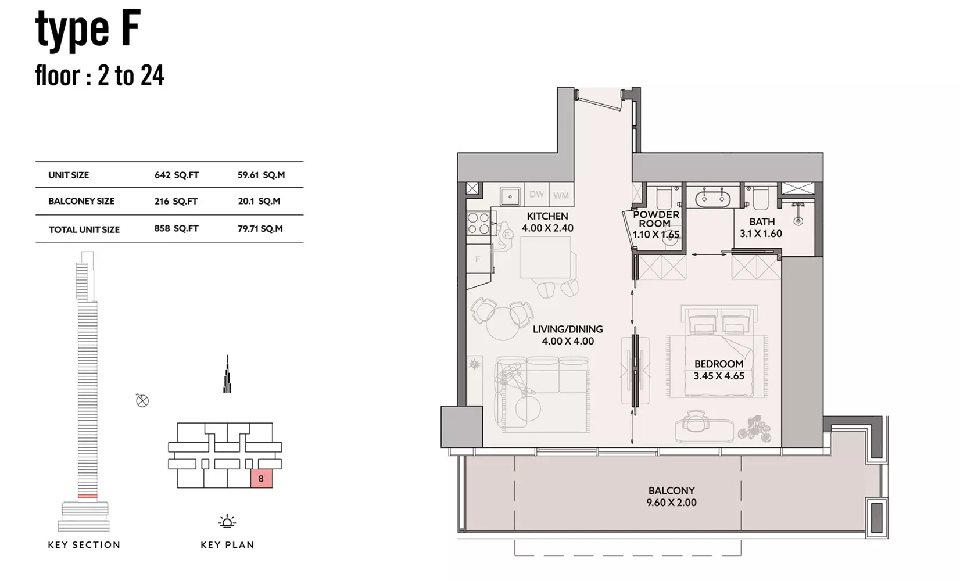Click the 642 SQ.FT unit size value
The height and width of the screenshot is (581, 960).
[177, 175]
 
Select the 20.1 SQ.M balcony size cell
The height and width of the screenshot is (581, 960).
[259, 201]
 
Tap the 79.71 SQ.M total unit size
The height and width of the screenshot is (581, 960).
[260, 229]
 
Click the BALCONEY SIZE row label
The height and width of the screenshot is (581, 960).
[81, 201]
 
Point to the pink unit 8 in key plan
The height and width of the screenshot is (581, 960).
[262, 479]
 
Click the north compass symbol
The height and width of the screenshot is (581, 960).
[142, 401]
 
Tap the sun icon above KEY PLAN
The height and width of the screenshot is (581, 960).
[227, 521]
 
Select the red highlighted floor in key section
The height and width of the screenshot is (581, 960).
[87, 496]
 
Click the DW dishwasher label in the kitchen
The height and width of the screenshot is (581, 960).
[536, 194]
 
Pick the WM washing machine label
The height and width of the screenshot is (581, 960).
[561, 196]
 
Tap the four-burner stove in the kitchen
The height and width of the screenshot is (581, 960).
[479, 223]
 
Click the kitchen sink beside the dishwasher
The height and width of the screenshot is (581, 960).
[510, 196]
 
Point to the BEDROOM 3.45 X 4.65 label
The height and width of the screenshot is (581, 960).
[719, 370]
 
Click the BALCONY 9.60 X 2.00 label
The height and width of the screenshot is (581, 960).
[672, 497]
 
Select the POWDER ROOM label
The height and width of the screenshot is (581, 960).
[655, 219]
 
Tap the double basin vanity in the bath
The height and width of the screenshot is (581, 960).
[712, 199]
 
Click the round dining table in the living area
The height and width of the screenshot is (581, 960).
[504, 324]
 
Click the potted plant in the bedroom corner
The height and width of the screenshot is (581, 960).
[754, 428]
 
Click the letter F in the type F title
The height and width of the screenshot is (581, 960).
[130, 28]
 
